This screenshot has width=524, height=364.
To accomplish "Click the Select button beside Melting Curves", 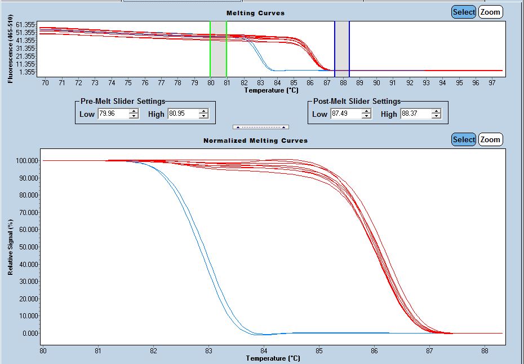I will tap(464, 12).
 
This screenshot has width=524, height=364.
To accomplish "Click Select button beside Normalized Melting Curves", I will tap(464, 139).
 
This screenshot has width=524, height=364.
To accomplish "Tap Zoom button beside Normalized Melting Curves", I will tap(490, 139).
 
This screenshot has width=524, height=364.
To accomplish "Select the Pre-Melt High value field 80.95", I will tap(181, 114).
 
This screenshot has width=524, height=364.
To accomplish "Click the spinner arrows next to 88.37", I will tap(436, 114).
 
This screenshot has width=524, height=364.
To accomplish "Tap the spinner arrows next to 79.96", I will tap(134, 114).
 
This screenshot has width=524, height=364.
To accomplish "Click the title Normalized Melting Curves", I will tap(255, 140).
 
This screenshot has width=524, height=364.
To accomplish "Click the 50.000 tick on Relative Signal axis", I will tap(26, 230).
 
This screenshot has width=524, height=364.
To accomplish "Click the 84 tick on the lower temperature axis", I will tap(264, 350).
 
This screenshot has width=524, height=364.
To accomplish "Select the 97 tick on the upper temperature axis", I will tap(492, 83).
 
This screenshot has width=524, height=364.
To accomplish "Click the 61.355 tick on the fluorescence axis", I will tap(26, 25).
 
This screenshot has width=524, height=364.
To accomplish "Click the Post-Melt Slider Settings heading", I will tap(357, 102).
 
